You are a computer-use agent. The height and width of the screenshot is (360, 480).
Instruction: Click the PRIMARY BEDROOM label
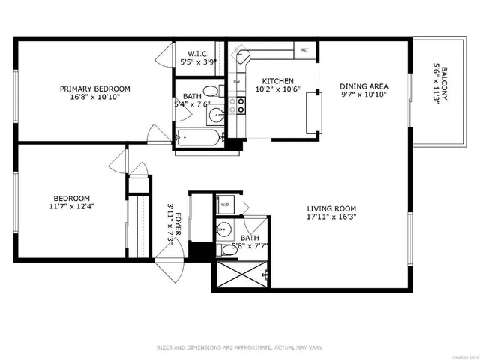pos(90,88)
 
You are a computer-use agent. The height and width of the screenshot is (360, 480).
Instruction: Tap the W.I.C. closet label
pos(199,54)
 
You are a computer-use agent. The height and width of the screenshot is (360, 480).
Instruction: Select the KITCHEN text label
pos(277,81)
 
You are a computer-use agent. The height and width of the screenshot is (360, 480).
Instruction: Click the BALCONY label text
pos(445,84)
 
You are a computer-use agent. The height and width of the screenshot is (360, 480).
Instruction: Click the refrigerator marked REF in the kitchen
pos(305,51)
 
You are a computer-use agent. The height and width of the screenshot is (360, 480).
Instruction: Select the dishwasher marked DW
pos(236,82)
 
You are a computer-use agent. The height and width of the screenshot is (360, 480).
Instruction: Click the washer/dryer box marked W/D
pos(225,204)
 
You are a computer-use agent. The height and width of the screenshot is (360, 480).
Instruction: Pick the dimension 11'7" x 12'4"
pos(73,206)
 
